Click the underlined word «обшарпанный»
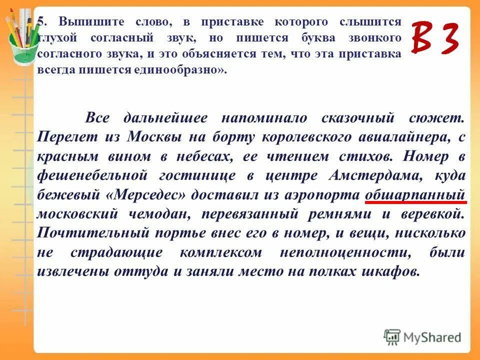[x=415, y=195]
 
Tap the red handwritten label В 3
[x=434, y=38]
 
